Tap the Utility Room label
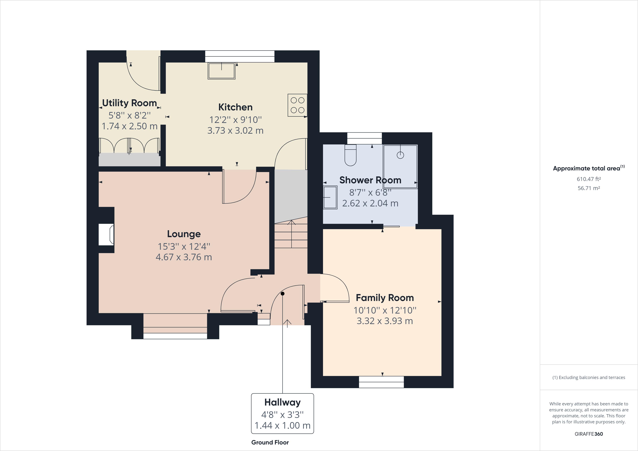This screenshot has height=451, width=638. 129,103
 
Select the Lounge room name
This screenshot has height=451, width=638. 184,234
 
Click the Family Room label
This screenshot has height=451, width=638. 385,298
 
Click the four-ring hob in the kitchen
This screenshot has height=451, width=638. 297,105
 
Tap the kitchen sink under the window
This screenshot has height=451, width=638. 222,71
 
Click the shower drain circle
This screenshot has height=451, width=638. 400,155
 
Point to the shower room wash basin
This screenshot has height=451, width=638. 330,197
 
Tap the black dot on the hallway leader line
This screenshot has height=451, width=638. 283,294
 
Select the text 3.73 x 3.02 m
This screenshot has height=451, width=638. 235,131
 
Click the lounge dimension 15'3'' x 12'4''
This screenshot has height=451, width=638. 184,246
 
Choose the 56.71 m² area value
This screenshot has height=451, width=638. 589,188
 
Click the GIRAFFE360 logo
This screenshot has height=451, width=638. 589,434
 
